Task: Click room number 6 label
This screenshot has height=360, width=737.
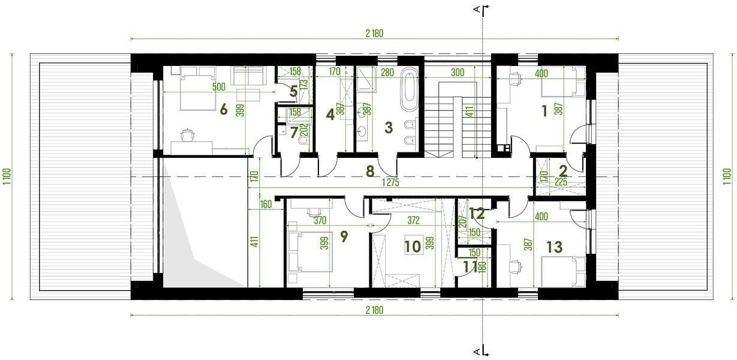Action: tap(224, 109)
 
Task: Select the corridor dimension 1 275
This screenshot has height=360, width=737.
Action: tap(390, 182)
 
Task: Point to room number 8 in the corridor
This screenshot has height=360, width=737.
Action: tap(370, 171)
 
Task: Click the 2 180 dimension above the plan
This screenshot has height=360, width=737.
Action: tap(374, 33)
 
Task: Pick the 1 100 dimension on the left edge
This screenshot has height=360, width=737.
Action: tap(7, 177)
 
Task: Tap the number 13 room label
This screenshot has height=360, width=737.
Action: tap(554, 247)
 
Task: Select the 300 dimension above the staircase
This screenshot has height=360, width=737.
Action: tap(458, 73)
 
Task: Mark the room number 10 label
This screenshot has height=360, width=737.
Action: tap(413, 247)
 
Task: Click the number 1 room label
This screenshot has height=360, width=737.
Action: tap(545, 111)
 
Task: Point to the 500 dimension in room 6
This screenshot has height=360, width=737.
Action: tap(219, 87)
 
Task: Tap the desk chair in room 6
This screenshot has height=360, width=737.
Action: tap(188, 135)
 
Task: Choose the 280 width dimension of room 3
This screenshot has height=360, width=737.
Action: tap(387, 73)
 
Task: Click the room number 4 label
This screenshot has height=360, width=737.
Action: tap(330, 115)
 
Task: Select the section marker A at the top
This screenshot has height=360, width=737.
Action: tap(477, 10)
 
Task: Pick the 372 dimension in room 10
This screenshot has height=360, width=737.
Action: tap(413, 220)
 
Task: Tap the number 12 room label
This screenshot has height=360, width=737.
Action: tap(477, 214)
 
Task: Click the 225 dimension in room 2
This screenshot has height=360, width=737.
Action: tap(561, 182)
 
